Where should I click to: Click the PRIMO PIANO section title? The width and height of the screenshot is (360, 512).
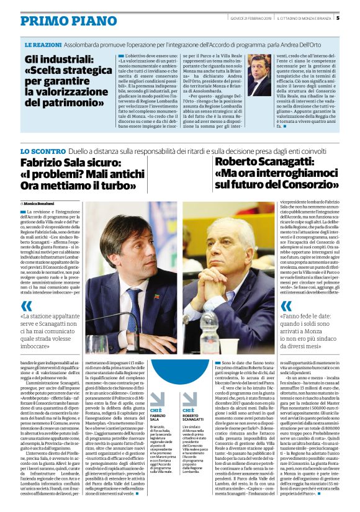[60, 20]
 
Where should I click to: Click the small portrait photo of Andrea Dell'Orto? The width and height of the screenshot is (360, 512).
[259, 75]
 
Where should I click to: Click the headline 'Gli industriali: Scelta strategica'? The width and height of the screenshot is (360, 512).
[68, 78]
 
